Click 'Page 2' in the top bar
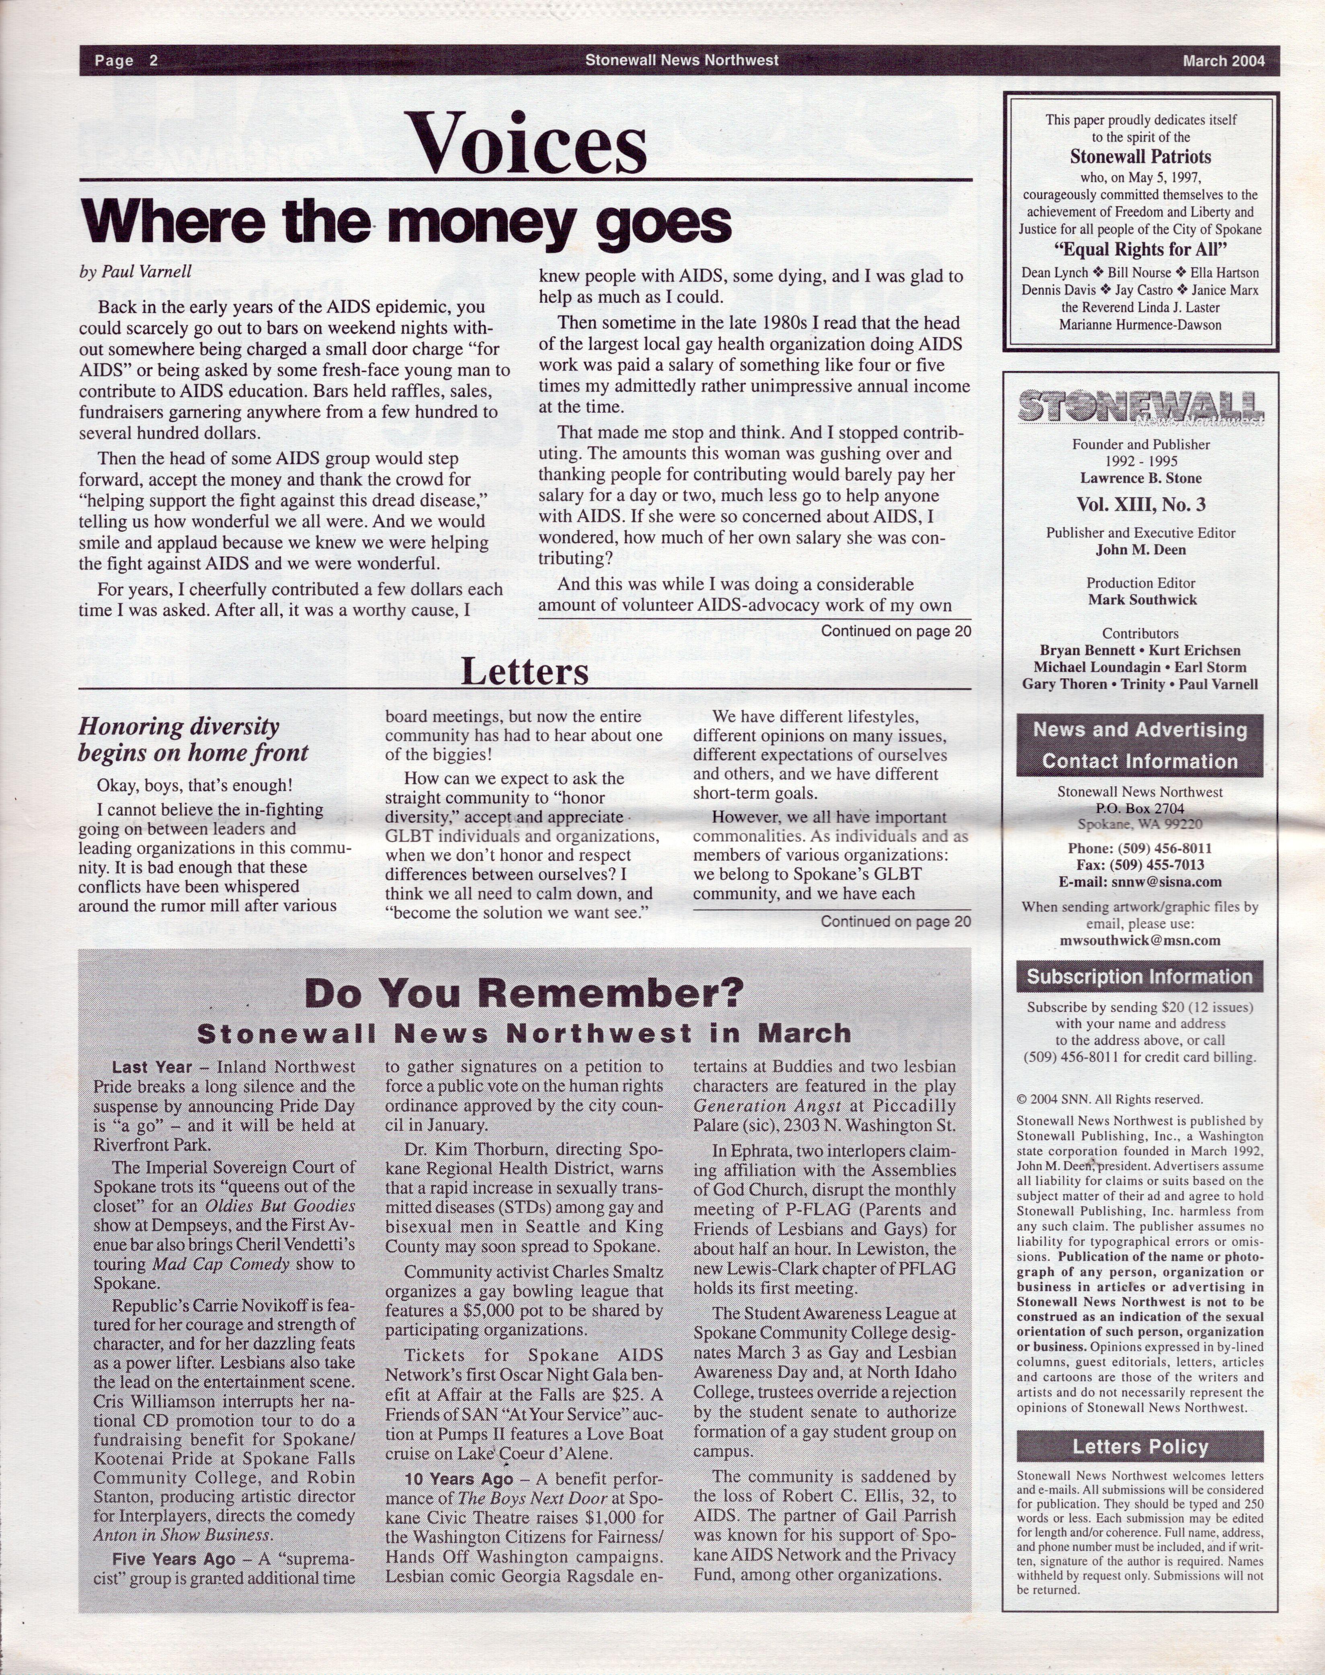point(126,61)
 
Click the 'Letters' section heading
point(525,671)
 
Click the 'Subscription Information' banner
point(1140,976)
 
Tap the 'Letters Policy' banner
point(1140,1447)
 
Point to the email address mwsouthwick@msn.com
point(1140,940)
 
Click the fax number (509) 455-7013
point(1140,865)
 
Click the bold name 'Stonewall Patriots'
point(1140,156)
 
